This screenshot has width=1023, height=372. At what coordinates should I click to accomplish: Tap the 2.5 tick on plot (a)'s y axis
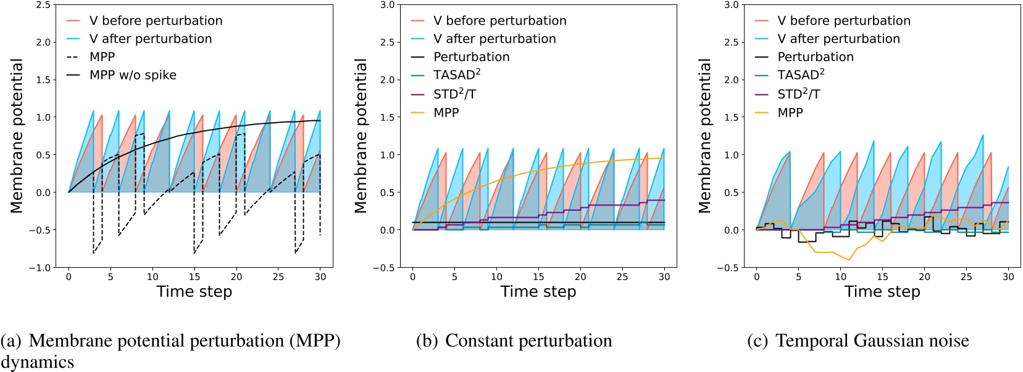(43, 5)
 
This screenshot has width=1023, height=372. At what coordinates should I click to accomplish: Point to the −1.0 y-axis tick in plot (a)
(40, 268)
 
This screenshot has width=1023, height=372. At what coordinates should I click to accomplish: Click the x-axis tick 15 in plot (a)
(194, 277)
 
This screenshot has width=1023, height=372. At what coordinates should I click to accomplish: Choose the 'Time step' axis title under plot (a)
(194, 292)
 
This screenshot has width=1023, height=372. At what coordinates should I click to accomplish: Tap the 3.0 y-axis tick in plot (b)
(387, 5)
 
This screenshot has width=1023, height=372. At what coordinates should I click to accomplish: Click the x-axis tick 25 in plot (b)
(622, 277)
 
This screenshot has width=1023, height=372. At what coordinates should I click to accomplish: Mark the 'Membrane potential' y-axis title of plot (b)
(361, 136)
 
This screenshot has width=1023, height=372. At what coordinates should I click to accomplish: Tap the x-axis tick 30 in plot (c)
(1008, 277)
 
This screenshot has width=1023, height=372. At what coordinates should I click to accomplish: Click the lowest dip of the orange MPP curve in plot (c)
(849, 260)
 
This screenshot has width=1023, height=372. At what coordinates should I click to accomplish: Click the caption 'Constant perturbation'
(528, 341)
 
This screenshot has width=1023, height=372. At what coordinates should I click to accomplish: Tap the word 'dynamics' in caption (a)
(37, 362)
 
